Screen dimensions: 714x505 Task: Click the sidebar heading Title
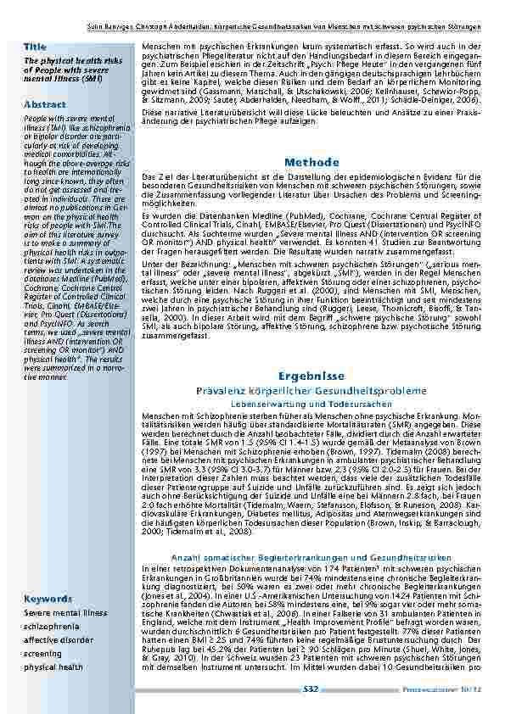coord(36,45)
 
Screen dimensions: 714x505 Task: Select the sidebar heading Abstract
coord(45,104)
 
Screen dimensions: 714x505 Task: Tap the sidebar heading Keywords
coord(48,599)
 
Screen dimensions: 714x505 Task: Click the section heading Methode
coord(311,162)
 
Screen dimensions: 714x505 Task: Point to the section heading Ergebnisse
coord(311,375)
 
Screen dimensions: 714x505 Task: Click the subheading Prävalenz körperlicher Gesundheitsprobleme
coord(311,391)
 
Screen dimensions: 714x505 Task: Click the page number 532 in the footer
coord(311,690)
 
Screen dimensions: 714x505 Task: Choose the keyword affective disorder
coord(59,640)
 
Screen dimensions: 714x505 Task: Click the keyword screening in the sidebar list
coord(42,654)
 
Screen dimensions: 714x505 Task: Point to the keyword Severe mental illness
coord(65,612)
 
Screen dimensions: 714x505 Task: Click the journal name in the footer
coord(440,690)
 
